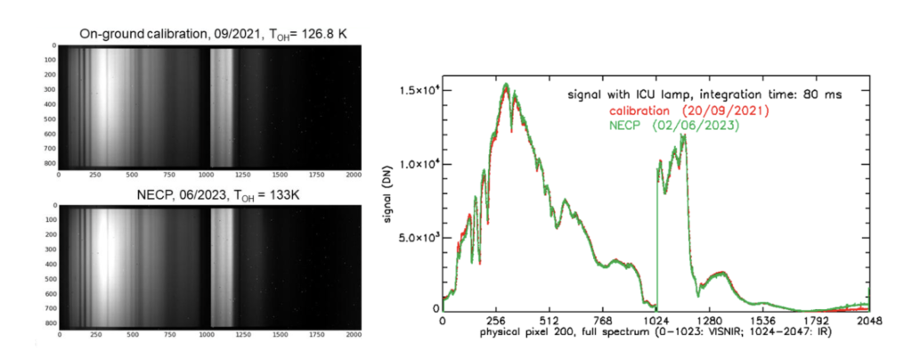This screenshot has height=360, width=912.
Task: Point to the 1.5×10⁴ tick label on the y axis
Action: (x=419, y=91)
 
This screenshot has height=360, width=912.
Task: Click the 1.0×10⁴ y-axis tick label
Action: (x=419, y=164)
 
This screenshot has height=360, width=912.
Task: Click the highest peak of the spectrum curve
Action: (x=505, y=85)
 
